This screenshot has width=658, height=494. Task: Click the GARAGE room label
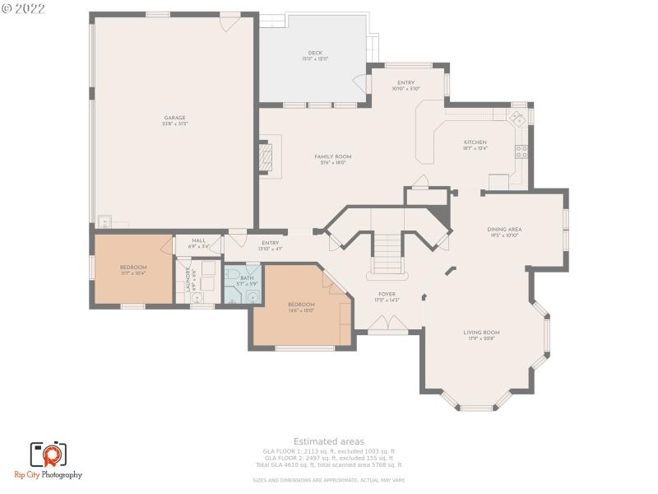click(174, 118)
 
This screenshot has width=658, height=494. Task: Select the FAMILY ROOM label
click(332, 156)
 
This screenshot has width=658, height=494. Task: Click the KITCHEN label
click(475, 142)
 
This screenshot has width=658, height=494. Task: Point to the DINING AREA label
click(504, 230)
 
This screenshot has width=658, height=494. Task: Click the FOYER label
click(387, 294)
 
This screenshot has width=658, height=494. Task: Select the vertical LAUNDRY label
click(188, 277)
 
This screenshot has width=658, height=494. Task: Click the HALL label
click(198, 240)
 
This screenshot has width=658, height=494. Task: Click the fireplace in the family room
click(265, 156)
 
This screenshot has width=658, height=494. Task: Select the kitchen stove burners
click(521, 151)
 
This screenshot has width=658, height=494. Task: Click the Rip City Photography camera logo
click(49, 454)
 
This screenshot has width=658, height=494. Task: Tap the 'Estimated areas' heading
click(328, 442)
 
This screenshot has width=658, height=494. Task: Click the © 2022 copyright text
click(24, 8)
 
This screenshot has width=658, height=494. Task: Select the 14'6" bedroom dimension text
click(301, 311)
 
